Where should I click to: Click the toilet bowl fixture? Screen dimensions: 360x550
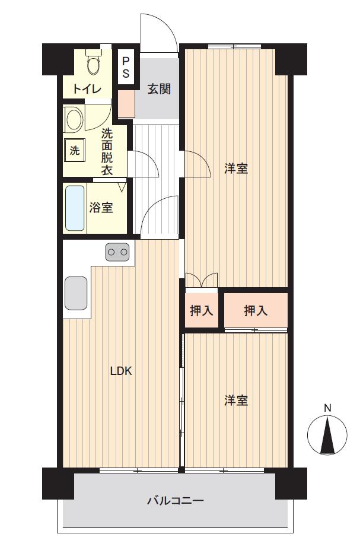tap(94, 62)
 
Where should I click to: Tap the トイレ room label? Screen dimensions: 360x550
tap(87, 89)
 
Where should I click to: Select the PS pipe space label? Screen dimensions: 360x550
tap(126, 67)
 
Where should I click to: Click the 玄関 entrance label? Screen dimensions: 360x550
tap(159, 89)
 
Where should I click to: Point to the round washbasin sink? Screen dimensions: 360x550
tap(74, 119)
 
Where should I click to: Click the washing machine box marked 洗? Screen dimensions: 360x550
tap(74, 151)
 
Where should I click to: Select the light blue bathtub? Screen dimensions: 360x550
tap(75, 208)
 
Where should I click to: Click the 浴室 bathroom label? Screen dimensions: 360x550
tap(101, 207)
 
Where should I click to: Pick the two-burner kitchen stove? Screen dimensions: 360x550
tap(117, 252)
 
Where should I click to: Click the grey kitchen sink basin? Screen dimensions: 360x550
tap(76, 293)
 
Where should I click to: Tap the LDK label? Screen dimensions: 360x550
tap(121, 371)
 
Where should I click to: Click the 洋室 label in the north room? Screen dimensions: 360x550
tap(236, 169)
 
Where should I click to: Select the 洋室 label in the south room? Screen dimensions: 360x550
tap(236, 400)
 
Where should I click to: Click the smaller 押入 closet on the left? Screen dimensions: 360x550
tap(201, 310)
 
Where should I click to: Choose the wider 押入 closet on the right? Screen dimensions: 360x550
tap(256, 310)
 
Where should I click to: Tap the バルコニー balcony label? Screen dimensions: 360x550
tap(176, 500)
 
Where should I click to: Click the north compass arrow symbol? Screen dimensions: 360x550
tap(327, 435)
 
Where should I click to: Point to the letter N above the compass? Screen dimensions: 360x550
tap(328, 408)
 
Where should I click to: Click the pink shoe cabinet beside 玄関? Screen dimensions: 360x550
tap(126, 104)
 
